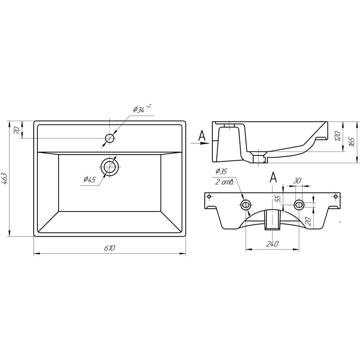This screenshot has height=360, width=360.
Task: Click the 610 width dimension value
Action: click(x=110, y=248)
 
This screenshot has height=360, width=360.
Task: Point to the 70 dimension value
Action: click(x=17, y=130)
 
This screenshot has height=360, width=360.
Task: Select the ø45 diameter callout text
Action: click(x=90, y=180)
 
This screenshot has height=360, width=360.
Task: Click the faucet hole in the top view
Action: click(x=110, y=138)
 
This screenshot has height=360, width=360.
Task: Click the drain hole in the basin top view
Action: click(x=109, y=167)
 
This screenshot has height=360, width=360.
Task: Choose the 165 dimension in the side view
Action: click(x=352, y=141)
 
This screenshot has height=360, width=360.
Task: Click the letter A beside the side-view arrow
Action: click(x=202, y=134)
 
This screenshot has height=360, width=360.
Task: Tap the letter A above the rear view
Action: click(x=273, y=177)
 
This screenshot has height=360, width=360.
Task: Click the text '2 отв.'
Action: click(x=224, y=182)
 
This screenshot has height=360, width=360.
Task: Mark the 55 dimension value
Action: click(x=278, y=198)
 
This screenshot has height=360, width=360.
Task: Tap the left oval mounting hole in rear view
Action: click(x=246, y=205)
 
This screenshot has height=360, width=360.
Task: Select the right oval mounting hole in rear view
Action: click(x=298, y=205)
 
